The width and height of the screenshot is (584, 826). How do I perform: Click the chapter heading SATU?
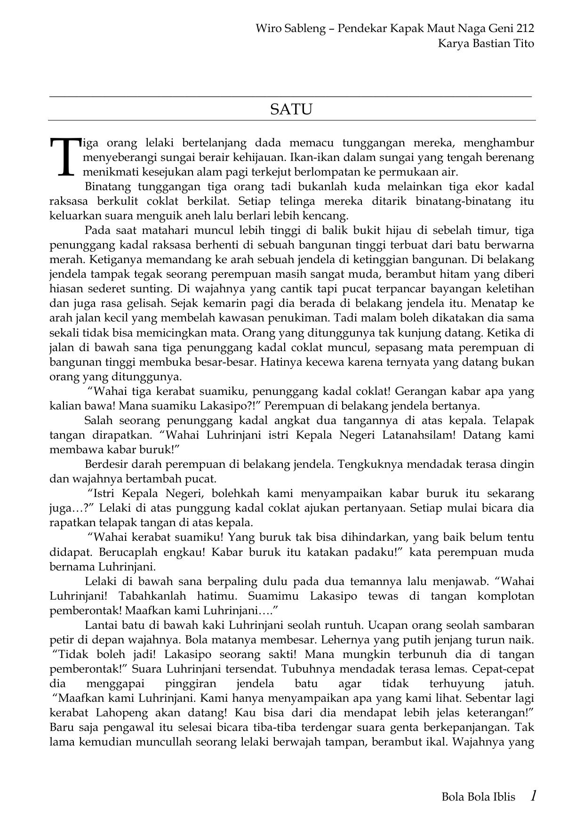pos(291,110)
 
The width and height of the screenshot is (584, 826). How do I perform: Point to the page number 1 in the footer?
pos(533,796)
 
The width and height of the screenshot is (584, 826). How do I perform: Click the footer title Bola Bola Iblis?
pos(478,797)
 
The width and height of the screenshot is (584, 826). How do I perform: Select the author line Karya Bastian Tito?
pos(486,43)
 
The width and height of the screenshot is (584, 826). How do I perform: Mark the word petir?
pos(61,640)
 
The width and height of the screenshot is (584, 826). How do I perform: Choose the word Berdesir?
pos(106,464)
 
